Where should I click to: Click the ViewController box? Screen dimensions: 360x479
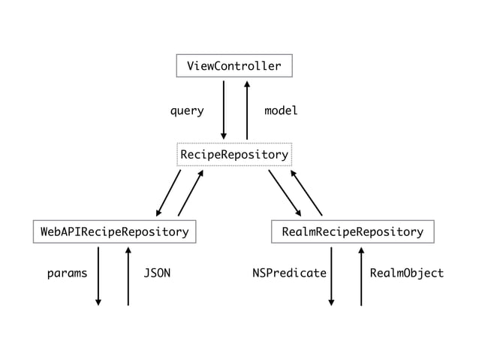233,66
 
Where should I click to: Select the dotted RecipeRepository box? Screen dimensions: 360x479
233,155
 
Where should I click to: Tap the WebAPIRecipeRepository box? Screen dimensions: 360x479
114,231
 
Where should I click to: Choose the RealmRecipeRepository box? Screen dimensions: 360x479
352,231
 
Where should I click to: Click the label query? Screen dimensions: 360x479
187,111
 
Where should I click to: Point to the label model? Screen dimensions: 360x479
281,111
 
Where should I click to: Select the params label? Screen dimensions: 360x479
67,274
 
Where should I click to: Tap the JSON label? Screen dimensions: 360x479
157,274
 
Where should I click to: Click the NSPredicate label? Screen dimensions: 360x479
290,274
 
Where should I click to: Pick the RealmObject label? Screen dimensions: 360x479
407,274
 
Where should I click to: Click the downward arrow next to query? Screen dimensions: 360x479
224,110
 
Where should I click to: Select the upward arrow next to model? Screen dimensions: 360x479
247,110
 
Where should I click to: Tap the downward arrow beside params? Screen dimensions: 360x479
98,276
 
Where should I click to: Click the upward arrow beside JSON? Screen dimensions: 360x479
128,276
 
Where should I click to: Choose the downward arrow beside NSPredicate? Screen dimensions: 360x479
331,276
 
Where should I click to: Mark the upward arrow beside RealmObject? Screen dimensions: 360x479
361,276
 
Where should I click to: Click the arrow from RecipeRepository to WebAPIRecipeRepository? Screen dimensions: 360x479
169,192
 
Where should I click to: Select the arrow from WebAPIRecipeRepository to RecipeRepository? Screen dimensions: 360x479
191,192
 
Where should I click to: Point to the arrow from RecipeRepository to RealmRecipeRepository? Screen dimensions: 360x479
285,192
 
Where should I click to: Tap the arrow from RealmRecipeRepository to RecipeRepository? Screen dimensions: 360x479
306,192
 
